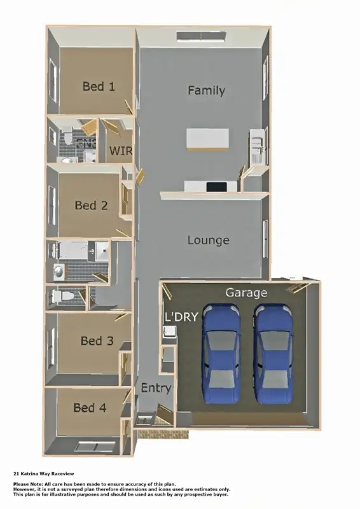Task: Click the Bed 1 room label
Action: click(99, 87)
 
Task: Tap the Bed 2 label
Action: click(91, 206)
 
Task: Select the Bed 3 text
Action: click(97, 341)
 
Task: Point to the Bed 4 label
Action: click(90, 408)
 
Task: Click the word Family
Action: click(206, 91)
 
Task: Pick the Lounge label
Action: click(208, 241)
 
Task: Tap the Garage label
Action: click(246, 293)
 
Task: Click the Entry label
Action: click(155, 388)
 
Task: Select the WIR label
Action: click(121, 151)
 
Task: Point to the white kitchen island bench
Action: click(207, 139)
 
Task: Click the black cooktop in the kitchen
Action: click(216, 186)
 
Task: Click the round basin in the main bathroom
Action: click(59, 272)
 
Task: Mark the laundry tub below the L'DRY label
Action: click(169, 331)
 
